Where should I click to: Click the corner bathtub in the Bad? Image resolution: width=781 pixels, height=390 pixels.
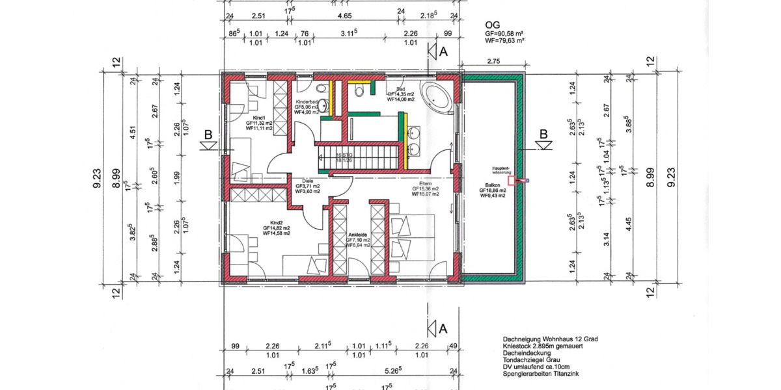click(x=437, y=96)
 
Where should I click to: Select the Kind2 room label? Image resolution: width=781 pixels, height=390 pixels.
click(x=276, y=222)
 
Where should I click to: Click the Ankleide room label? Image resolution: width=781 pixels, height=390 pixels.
click(x=359, y=234)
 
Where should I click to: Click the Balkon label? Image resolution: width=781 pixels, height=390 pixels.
click(x=492, y=185)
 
